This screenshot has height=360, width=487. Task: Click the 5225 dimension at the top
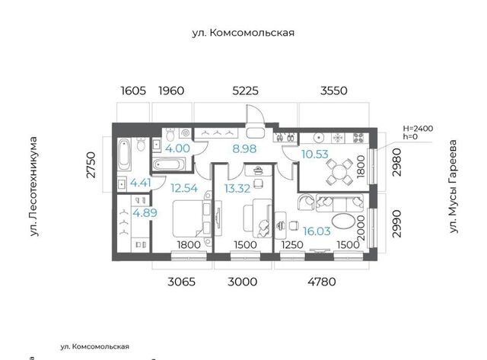[245, 91]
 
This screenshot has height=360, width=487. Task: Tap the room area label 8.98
[244, 148]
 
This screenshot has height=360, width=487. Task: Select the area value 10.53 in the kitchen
[314, 154]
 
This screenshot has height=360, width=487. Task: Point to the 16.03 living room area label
[317, 231]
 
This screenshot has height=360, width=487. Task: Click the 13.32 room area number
[237, 188]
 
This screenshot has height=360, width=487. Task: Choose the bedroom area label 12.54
[184, 188]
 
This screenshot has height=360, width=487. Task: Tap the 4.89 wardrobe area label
[145, 213]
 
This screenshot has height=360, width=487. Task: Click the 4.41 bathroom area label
[140, 183]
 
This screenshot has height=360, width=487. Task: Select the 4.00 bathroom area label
[177, 148]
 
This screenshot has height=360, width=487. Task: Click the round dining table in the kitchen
[339, 172]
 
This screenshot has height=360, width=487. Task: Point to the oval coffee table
[343, 221]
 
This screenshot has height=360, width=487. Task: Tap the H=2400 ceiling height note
[418, 129]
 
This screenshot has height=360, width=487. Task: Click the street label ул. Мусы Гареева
[454, 186]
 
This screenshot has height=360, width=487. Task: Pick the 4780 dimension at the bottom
[322, 282]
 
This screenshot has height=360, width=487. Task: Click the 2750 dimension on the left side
[91, 164]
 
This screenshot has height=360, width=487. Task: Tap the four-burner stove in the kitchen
[358, 138]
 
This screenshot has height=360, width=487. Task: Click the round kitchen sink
[319, 137]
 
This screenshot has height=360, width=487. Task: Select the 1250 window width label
[292, 245]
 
